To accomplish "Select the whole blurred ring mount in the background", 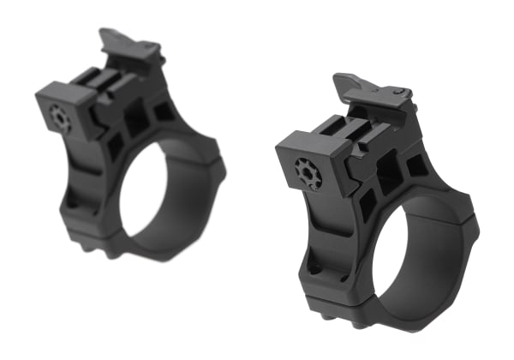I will tap(128, 146).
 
